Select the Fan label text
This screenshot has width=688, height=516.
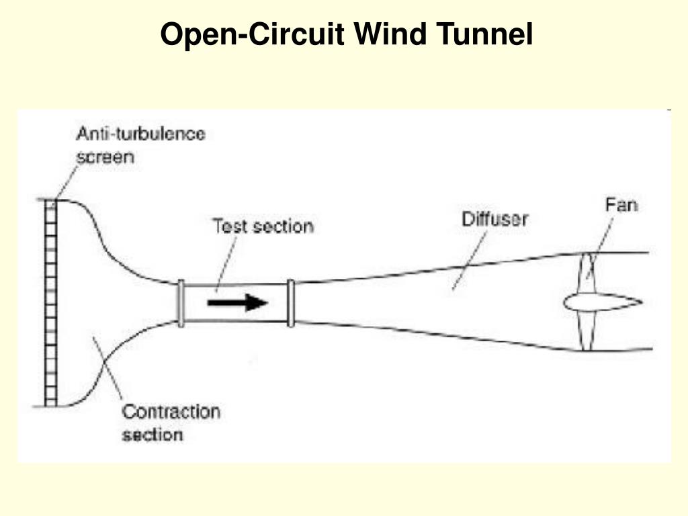pos(621,204)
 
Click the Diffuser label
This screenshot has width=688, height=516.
pos(494,219)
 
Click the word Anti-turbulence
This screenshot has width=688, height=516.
pos(140,134)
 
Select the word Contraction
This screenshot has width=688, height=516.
pos(171,411)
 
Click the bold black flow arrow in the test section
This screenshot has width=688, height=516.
pos(237,302)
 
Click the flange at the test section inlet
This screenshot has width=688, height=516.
pos(181,303)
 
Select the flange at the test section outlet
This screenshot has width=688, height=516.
pos(290,303)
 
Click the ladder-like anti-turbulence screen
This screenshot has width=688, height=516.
pos(50,302)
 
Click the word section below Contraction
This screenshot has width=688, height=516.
pos(152,435)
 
